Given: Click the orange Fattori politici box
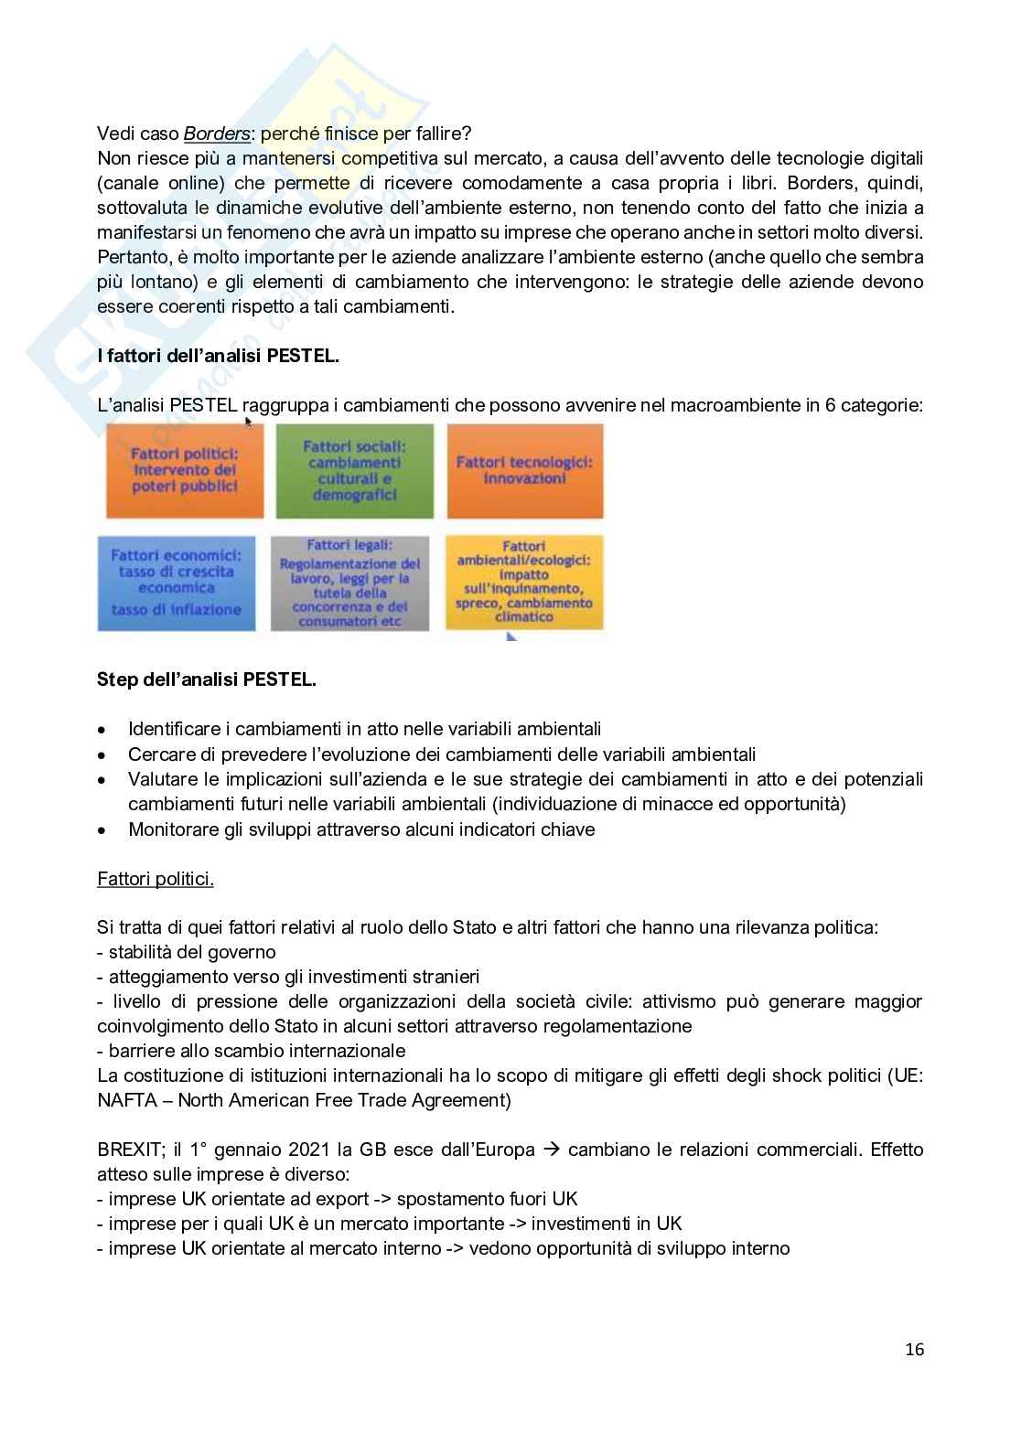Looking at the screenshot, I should [x=184, y=470].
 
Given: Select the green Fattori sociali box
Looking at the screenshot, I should [x=354, y=470].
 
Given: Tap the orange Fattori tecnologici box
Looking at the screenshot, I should [x=524, y=470].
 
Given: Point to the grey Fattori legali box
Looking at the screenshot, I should [x=350, y=583].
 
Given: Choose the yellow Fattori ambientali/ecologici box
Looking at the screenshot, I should [x=524, y=583].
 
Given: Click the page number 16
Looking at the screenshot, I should [x=914, y=1349].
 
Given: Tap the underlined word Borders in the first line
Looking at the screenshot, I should [x=217, y=134].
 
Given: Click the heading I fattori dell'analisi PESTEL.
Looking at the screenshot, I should [x=218, y=356].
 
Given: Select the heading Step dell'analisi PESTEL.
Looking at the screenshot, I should [x=207, y=679].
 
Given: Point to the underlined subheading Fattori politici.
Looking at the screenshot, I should [x=156, y=879].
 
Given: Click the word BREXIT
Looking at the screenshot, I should [x=131, y=1150].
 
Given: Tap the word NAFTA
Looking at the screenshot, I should [x=125, y=1099].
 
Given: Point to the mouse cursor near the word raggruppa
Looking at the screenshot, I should [x=247, y=422].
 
